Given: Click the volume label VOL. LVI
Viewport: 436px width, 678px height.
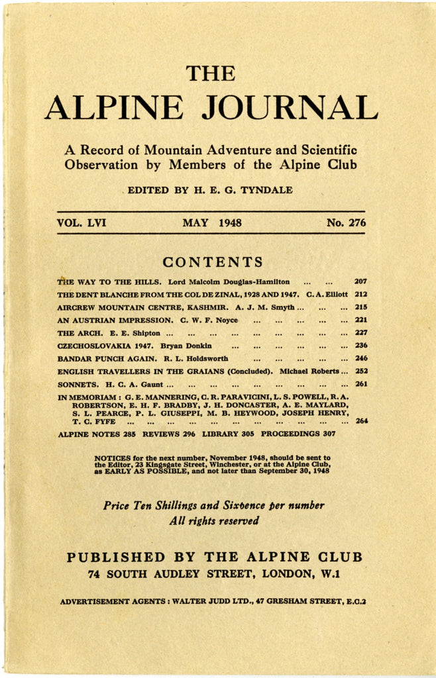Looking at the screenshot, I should (x=82, y=223).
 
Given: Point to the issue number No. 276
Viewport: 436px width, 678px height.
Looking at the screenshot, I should (x=345, y=223).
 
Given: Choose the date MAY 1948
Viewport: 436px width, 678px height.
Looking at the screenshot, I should (x=212, y=223).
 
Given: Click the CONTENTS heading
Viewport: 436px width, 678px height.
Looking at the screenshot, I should (x=213, y=262).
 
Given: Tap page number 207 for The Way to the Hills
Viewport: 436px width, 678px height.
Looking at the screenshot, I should (x=360, y=281).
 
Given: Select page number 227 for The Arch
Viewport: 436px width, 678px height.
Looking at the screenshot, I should (x=360, y=333).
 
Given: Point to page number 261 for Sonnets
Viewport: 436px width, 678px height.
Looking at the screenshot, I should (x=360, y=384).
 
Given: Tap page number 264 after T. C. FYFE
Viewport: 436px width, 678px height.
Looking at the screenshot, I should (x=361, y=420).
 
